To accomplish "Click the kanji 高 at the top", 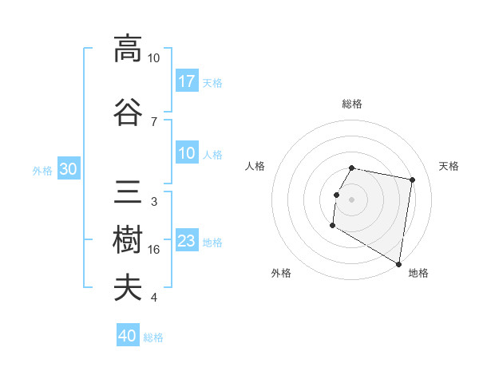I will click(x=127, y=49).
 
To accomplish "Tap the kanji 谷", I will click(x=127, y=111).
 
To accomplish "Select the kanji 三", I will click(x=127, y=192).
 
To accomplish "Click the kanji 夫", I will click(x=127, y=287).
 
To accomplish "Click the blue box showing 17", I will click(x=187, y=81).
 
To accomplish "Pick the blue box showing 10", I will click(x=187, y=153).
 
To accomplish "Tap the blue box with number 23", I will click(x=187, y=242).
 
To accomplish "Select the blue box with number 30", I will click(x=68, y=169).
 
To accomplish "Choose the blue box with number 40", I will click(x=128, y=336).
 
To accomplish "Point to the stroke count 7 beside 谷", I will click(x=154, y=121).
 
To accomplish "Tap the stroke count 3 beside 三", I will click(x=154, y=202).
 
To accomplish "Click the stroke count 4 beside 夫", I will click(x=154, y=298).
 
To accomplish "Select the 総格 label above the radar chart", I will click(x=352, y=104).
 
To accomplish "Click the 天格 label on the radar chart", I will click(x=449, y=166).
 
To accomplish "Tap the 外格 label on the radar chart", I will click(x=281, y=273).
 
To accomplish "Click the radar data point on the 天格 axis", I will click(x=412, y=180).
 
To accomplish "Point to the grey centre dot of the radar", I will click(x=351, y=199).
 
